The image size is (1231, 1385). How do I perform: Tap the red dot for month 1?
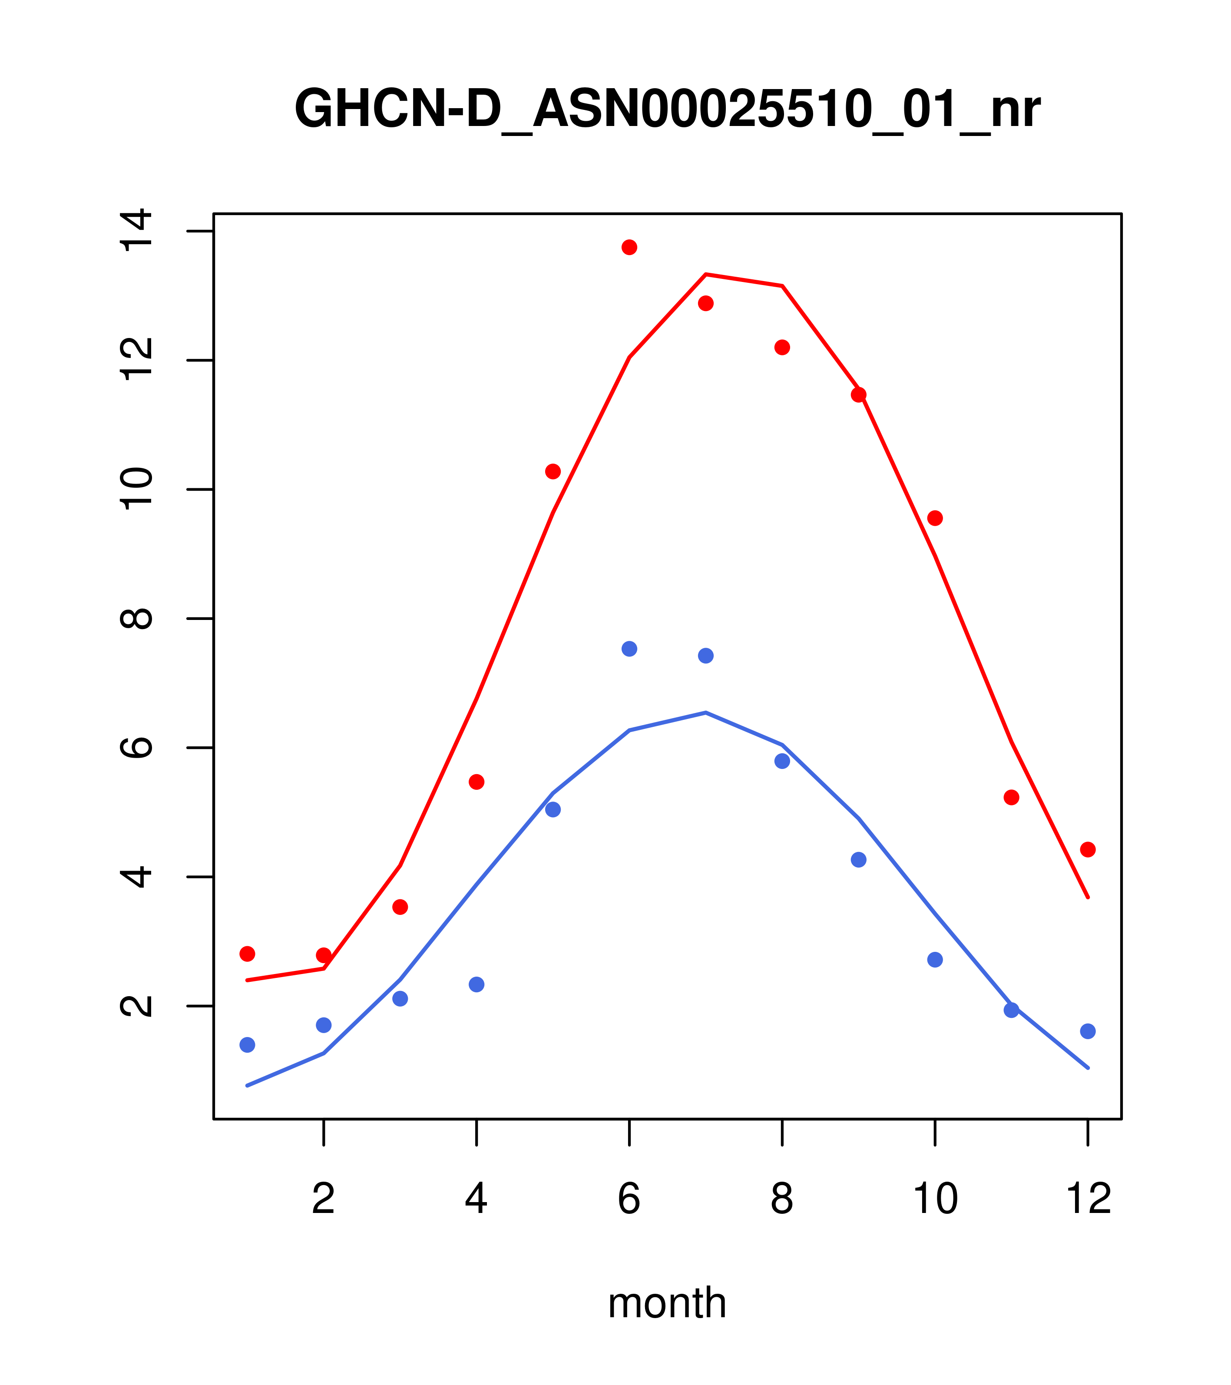(x=247, y=954)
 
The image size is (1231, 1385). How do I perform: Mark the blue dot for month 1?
(x=247, y=1045)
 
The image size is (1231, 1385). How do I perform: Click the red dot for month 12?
(x=1088, y=850)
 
